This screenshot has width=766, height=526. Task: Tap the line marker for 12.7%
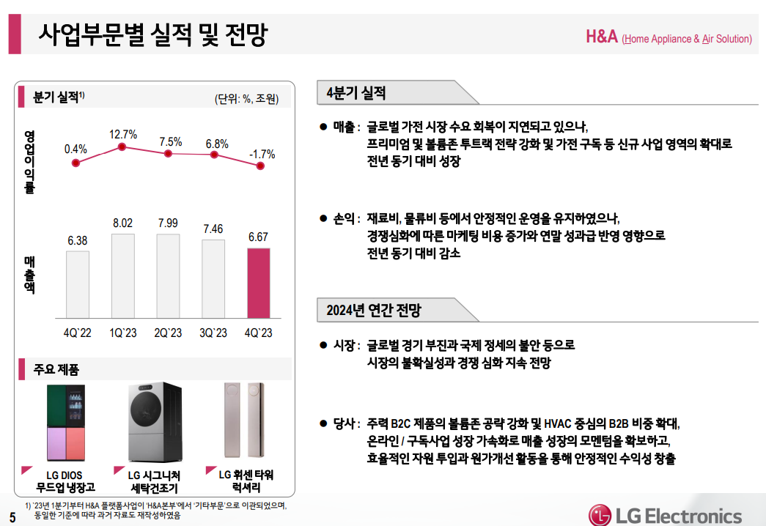coord(122,148)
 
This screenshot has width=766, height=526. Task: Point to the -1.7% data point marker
coord(259,166)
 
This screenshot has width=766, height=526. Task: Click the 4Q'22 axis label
coord(77,333)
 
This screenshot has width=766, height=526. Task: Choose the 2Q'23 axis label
coord(168,333)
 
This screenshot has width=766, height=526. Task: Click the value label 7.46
coord(213,229)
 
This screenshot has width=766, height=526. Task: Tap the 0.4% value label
coord(76,149)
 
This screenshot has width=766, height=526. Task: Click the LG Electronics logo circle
coord(602,515)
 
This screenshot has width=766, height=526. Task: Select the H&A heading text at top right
coord(602,37)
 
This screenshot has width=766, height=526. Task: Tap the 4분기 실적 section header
coord(356,93)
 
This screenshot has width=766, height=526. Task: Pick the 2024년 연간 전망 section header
coord(374,310)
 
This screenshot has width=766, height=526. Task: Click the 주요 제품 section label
coord(56,368)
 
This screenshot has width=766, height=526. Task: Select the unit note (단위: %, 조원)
coord(246,99)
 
